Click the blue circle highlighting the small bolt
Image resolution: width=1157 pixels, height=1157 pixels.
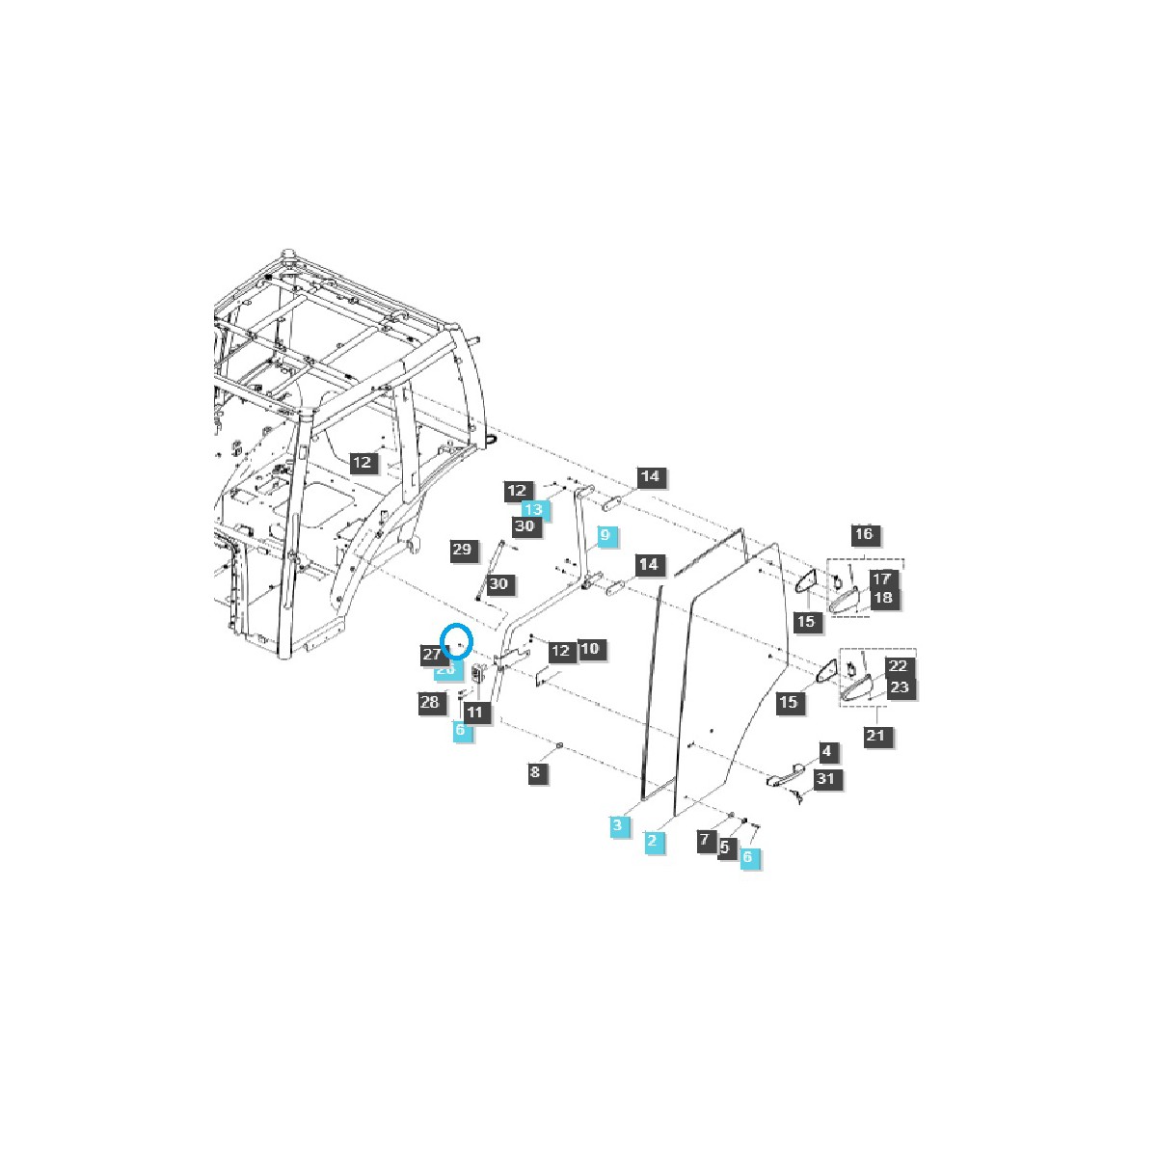click(458, 641)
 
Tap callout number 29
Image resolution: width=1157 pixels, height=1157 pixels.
click(463, 551)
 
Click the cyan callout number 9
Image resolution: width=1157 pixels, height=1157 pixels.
click(606, 535)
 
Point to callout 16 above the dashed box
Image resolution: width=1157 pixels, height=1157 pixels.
click(864, 534)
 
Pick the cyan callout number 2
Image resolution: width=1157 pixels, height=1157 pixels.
click(653, 842)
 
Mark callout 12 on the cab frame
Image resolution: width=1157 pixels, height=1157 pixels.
click(362, 463)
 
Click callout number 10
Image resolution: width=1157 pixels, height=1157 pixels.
click(590, 649)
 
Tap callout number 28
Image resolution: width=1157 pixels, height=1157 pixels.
click(430, 702)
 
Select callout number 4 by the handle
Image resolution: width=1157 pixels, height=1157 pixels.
click(826, 751)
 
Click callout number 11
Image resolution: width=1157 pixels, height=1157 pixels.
click(475, 713)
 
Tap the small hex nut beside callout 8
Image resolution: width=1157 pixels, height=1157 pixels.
click(560, 746)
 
